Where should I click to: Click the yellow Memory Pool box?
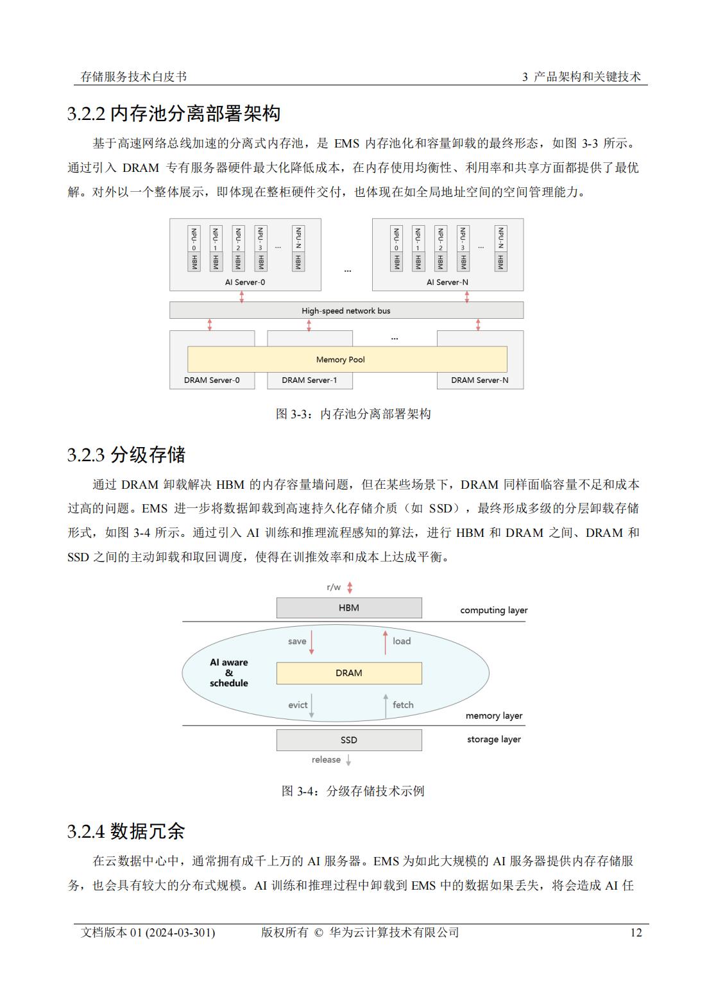coord(347,359)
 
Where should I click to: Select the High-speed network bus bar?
coord(346,310)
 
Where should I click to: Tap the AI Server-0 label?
coord(244,282)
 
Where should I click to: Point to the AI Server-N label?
coord(447,282)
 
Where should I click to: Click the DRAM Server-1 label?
coord(309,380)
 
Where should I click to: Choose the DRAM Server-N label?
coord(480,380)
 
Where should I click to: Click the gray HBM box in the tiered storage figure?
coord(349,607)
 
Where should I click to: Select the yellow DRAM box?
coord(349,673)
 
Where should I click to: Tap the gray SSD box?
coord(349,740)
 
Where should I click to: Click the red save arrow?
coord(311,642)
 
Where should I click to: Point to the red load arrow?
coord(386,642)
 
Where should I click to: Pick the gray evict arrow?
coord(311,706)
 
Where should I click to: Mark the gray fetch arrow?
coord(386,706)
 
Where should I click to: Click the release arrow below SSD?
coord(348,760)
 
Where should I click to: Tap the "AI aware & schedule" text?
coord(228,672)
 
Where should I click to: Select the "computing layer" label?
coord(494,610)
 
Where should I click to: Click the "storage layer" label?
coord(494,740)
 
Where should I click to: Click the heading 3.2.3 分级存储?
coord(126,455)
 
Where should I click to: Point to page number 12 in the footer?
coord(636,933)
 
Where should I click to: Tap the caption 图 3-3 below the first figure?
coord(353,414)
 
